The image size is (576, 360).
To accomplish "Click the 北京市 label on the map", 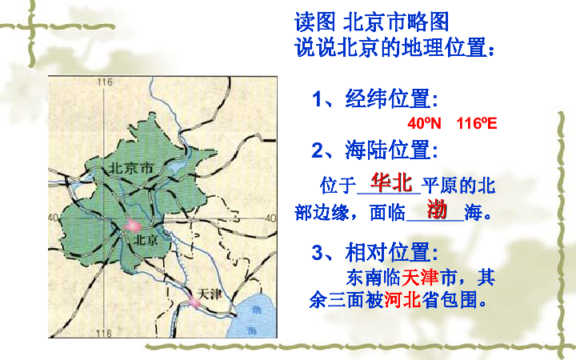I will [130, 169].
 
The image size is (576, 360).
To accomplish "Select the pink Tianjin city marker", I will [194, 302].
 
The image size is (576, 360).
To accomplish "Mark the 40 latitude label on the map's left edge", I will [54, 218].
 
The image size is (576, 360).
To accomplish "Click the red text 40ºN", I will [424, 124].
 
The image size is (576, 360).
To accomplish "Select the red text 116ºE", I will [477, 124].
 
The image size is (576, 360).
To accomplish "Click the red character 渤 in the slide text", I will [436, 210].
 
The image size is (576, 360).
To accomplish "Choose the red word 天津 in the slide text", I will [420, 278].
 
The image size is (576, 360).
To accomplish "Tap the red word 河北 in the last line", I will [402, 301].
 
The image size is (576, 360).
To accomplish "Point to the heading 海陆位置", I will [390, 149].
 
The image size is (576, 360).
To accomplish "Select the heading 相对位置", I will [390, 253].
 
